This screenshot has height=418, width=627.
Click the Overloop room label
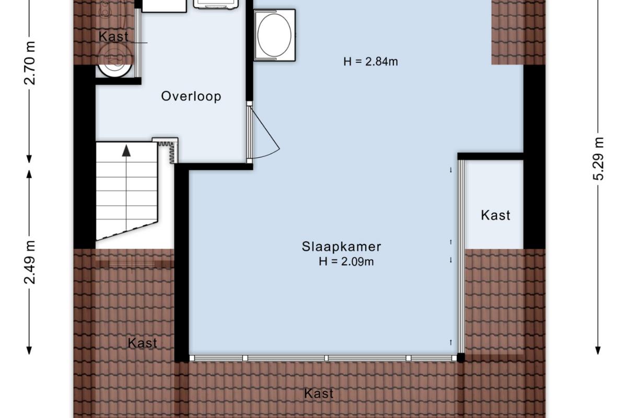(191, 96)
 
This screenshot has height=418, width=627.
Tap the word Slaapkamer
(341, 247)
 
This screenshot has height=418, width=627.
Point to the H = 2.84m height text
(370, 62)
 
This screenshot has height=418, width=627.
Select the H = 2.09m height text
(346, 261)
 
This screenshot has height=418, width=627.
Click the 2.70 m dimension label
(30, 63)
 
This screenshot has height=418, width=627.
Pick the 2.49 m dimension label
(30, 262)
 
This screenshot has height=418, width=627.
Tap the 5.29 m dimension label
(598, 159)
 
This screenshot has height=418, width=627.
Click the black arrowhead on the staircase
(126, 150)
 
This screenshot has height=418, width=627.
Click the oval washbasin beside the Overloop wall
(274, 36)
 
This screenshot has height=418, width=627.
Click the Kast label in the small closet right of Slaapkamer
(495, 216)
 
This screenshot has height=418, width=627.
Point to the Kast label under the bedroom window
(319, 393)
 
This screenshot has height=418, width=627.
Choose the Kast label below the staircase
(142, 343)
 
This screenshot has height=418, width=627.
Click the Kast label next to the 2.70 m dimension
(113, 37)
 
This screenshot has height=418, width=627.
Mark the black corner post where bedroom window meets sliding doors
(461, 357)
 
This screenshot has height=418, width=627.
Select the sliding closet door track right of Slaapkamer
(461, 257)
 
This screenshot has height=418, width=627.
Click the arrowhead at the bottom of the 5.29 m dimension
(598, 350)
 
